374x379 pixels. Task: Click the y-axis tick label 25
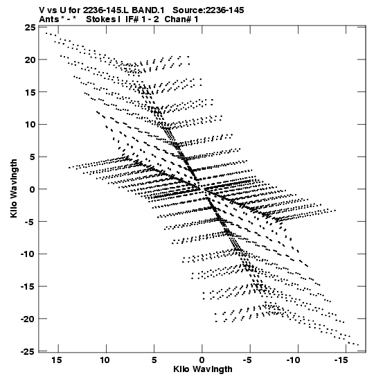click(30, 27)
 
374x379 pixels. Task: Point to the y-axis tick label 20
click(30, 60)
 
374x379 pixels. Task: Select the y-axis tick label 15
click(30, 92)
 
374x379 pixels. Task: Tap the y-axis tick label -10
click(28, 254)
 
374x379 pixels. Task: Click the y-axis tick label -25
click(28, 351)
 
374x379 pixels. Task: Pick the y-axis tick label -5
click(30, 222)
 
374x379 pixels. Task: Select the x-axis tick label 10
click(105, 360)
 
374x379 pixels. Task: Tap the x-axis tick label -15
click(341, 360)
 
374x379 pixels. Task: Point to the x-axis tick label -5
click(247, 360)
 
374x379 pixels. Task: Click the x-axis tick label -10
click(293, 360)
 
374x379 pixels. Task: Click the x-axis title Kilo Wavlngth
click(203, 369)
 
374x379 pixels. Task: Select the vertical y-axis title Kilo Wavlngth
click(14, 188)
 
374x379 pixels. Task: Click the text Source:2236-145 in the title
click(208, 10)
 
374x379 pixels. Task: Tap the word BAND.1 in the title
click(148, 10)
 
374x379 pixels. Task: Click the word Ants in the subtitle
click(49, 19)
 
